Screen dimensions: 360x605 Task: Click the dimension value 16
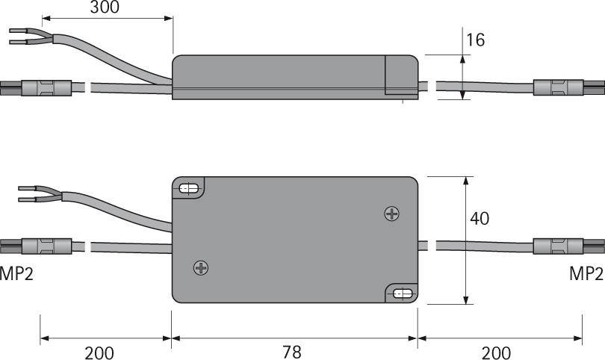point(475,40)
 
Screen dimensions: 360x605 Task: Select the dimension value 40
point(480,219)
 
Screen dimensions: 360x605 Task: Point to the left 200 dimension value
point(99,351)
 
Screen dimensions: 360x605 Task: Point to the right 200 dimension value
point(496,351)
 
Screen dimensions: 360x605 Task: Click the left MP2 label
point(16,274)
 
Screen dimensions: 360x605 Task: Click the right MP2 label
point(586,274)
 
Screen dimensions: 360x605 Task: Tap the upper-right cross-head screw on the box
point(391,214)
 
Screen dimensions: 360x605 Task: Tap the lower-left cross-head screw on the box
point(200,267)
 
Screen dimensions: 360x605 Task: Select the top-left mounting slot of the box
point(190,189)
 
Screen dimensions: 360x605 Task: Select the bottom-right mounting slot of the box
point(403,294)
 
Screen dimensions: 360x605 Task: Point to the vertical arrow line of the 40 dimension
point(466,240)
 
